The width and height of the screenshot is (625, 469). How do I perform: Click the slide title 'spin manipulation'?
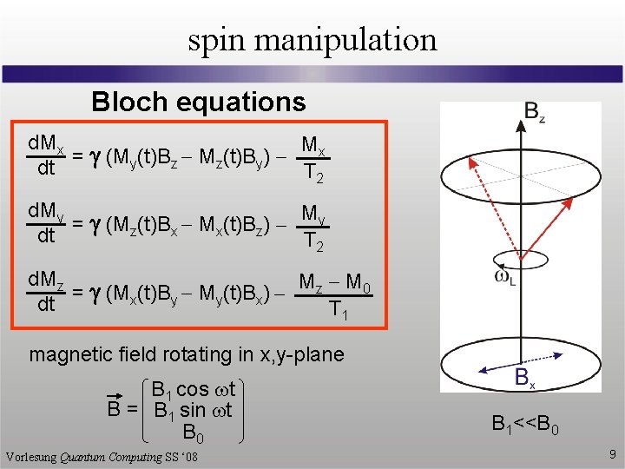(x=312, y=39)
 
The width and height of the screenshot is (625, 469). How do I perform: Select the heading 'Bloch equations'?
(x=199, y=102)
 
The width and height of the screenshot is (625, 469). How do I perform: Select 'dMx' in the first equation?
(x=46, y=141)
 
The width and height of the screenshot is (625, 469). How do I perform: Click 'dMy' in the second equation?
(x=46, y=210)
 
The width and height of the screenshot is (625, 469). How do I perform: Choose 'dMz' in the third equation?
(x=46, y=280)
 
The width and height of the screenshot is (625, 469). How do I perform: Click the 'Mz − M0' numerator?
(x=335, y=282)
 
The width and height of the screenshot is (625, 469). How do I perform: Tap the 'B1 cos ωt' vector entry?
(x=199, y=388)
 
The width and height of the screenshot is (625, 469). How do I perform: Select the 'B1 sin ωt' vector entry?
(x=192, y=409)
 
